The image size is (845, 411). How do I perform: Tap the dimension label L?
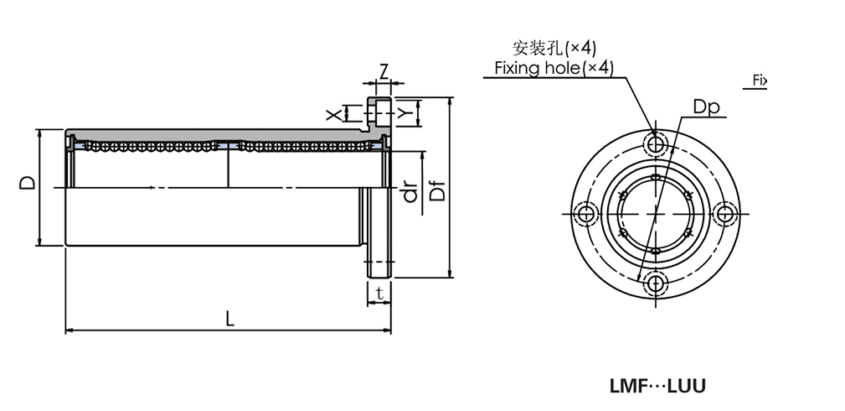click(x=230, y=319)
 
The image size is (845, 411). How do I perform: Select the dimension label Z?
click(x=384, y=70)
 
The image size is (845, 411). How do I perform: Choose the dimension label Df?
click(x=437, y=191)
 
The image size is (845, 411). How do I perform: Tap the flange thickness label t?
click(x=379, y=294)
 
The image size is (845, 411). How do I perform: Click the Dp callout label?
click(x=706, y=107)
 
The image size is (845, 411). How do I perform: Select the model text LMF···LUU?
click(x=657, y=387)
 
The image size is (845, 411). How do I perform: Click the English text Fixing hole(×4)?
click(x=554, y=68)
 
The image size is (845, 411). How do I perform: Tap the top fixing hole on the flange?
click(x=657, y=145)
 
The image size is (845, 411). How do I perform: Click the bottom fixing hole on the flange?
click(x=657, y=284)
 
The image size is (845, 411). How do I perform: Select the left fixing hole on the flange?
click(x=587, y=215)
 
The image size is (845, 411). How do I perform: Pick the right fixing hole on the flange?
click(x=726, y=215)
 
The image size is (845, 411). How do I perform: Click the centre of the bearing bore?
click(x=657, y=215)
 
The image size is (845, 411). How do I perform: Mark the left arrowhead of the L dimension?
click(x=70, y=330)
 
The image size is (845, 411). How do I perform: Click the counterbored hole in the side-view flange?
click(x=380, y=113)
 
